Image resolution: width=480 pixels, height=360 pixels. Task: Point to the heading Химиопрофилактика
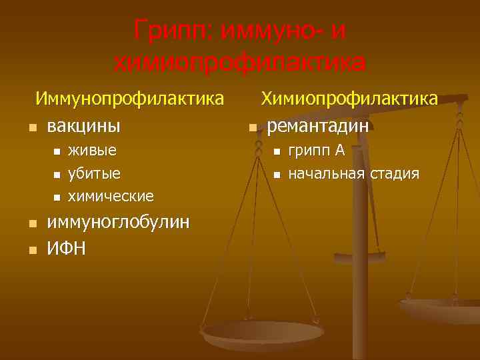point(349,99)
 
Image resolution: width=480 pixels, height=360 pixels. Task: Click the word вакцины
point(83,125)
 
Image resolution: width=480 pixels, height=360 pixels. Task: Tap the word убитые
point(95,173)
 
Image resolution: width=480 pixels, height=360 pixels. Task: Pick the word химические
point(111,197)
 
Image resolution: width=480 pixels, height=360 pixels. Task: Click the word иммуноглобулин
point(118,222)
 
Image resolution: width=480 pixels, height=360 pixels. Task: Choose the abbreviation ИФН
point(66,249)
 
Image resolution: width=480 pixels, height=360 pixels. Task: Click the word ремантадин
point(318,125)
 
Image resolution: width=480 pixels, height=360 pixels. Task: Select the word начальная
point(325,174)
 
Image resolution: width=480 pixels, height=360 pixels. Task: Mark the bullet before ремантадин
point(252,127)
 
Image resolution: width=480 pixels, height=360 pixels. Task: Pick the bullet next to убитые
point(57,175)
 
